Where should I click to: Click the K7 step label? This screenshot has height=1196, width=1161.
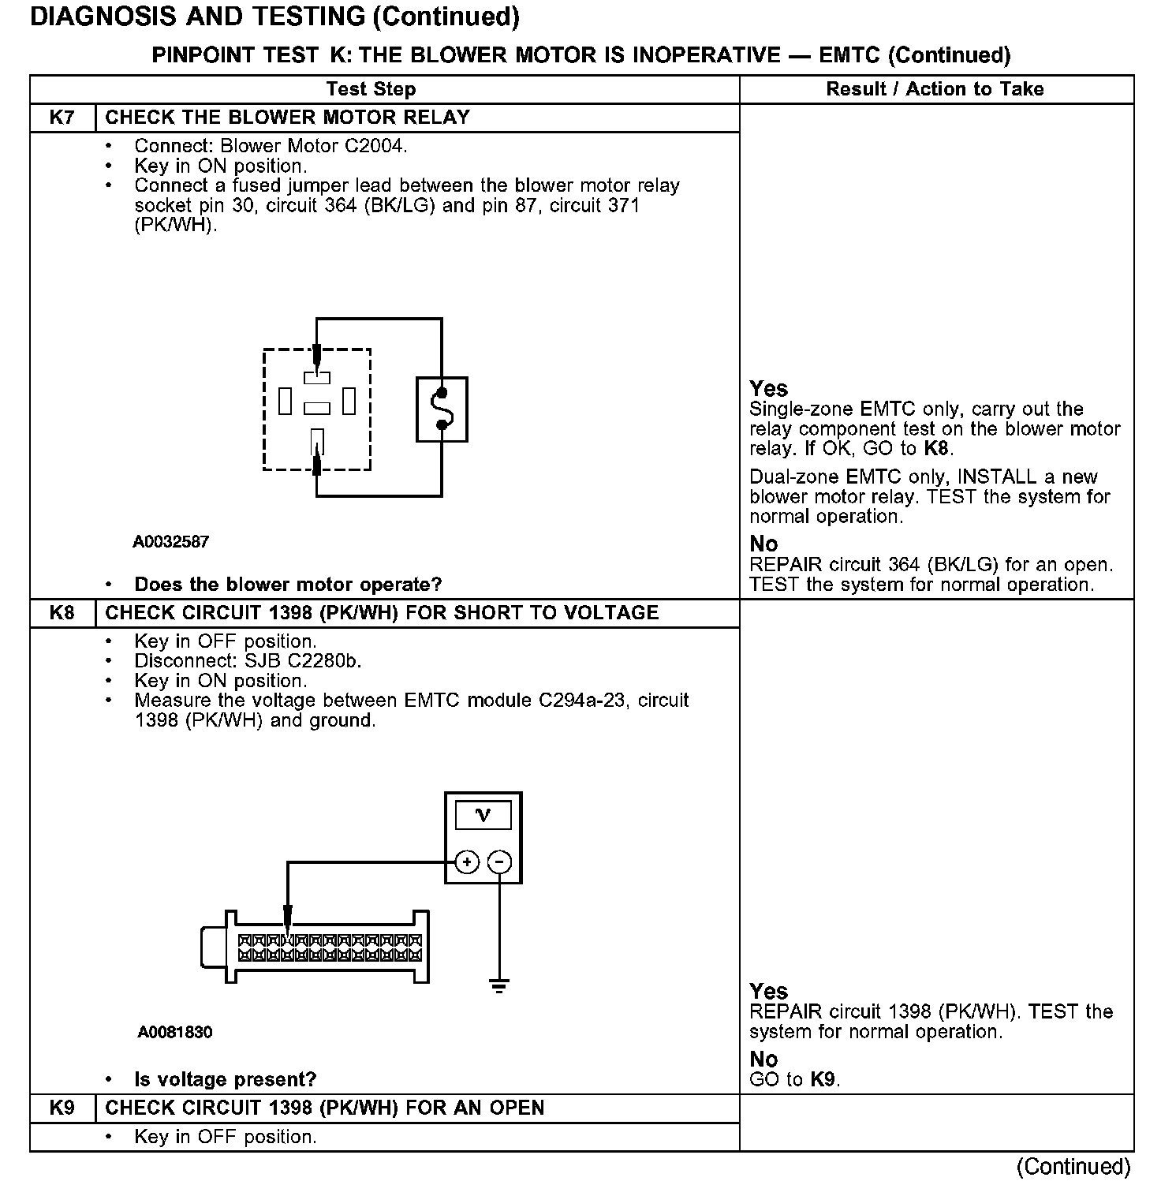(x=62, y=118)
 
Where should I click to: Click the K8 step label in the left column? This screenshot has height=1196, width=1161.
(x=62, y=613)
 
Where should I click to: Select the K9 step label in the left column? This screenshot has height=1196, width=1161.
(x=62, y=1108)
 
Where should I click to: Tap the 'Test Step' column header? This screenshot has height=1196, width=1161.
(x=371, y=89)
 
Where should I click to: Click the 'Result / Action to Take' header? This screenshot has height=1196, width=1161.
(x=935, y=89)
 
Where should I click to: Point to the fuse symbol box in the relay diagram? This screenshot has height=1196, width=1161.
(x=442, y=409)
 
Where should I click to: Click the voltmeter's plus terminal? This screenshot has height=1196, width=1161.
(x=468, y=861)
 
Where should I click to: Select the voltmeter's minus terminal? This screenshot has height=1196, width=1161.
(x=499, y=861)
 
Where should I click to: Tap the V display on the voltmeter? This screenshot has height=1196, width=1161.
(x=483, y=815)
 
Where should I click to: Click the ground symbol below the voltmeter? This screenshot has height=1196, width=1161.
(x=498, y=985)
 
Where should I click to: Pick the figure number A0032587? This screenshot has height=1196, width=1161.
(x=171, y=542)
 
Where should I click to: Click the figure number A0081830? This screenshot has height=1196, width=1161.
(x=174, y=1033)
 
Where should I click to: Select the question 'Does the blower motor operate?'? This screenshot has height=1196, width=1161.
(x=288, y=585)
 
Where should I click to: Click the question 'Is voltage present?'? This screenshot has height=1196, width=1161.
(x=226, y=1079)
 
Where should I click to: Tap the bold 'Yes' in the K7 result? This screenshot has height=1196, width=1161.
(x=768, y=389)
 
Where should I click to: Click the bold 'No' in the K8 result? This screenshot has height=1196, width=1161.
(x=763, y=1060)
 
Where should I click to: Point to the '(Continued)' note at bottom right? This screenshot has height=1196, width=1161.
(x=1073, y=1166)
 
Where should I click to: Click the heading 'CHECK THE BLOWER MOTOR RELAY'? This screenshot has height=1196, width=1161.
(x=287, y=118)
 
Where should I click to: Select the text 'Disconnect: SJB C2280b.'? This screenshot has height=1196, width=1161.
(x=248, y=661)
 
